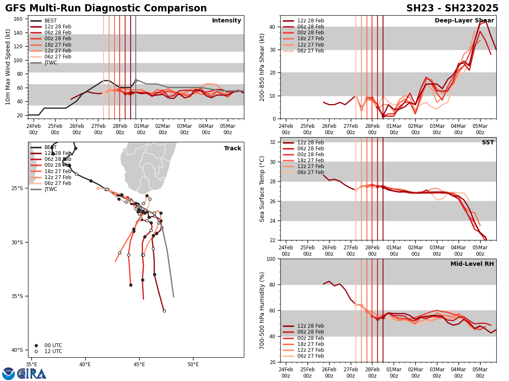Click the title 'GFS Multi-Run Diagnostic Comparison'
pos(106,8)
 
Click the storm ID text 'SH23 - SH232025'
pos(452,8)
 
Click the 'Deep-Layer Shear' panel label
pos(464,21)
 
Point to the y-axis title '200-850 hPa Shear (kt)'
pos(263,67)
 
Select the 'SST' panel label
pos(487,143)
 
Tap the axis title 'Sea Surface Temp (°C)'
pos(263,189)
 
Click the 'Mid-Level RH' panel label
pos(472,264)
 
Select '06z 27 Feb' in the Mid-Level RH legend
pos(310,356)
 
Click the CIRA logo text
pos(32,374)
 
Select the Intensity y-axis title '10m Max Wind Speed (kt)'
pos(7,67)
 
